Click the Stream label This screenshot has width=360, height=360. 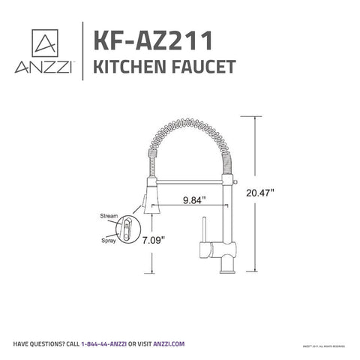(109, 216)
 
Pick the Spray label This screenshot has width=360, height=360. (109, 241)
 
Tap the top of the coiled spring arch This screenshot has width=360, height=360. (193, 121)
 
